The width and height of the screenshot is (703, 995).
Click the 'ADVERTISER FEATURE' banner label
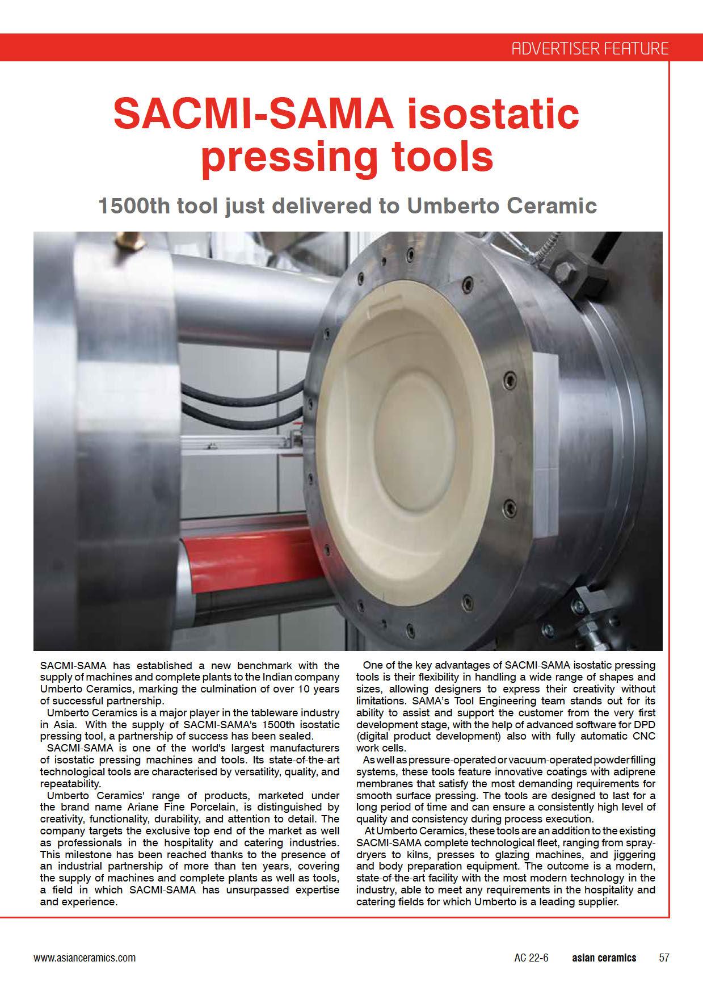[x=590, y=48]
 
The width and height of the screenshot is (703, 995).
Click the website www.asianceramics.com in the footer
[x=85, y=958]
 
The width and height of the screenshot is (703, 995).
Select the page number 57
[x=664, y=958]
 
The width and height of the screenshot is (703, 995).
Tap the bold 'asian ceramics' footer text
[x=604, y=958]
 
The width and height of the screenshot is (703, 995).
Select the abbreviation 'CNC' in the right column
[x=644, y=736]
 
